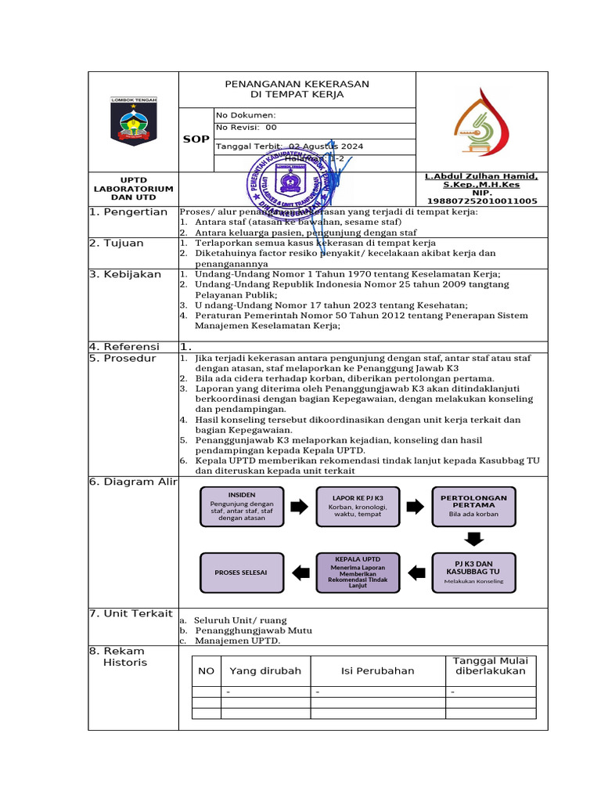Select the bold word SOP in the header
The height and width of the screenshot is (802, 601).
tap(196, 139)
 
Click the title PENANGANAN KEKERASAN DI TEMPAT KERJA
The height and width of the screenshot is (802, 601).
tap(297, 89)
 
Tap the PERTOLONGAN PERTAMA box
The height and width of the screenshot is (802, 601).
tap(473, 507)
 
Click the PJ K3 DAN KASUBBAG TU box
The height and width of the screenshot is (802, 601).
tap(473, 572)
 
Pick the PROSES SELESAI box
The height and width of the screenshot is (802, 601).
tap(241, 573)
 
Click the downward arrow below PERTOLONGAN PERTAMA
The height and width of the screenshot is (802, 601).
tap(473, 539)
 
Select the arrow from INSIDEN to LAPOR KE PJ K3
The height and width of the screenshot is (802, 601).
tap(299, 507)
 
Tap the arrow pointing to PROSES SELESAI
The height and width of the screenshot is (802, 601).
tap(299, 572)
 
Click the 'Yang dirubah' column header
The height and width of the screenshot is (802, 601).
tap(265, 671)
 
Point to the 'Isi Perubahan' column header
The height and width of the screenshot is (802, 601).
tap(378, 671)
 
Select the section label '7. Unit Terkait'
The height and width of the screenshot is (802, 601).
tap(131, 613)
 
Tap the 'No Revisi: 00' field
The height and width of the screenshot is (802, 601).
tap(247, 127)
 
